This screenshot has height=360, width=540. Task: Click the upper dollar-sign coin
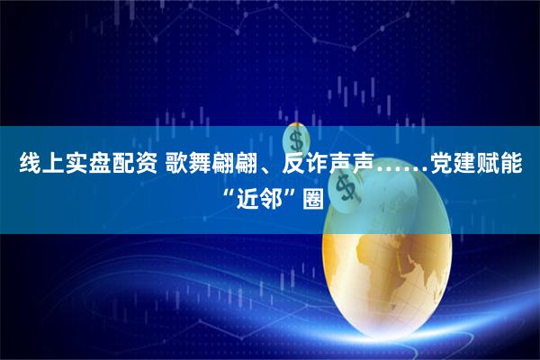(x=297, y=140)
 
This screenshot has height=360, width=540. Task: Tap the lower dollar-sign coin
(x=343, y=188)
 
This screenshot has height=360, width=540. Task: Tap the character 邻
(x=271, y=198)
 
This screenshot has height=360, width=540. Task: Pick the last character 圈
(x=311, y=198)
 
